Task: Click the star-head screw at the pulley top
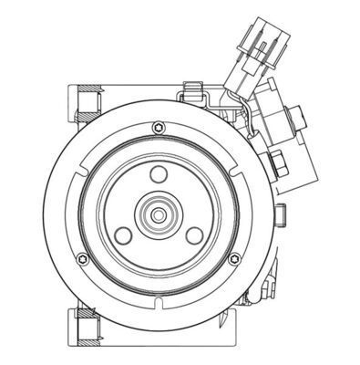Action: pyautogui.click(x=159, y=127)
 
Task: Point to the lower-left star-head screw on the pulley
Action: pyautogui.click(x=83, y=259)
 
